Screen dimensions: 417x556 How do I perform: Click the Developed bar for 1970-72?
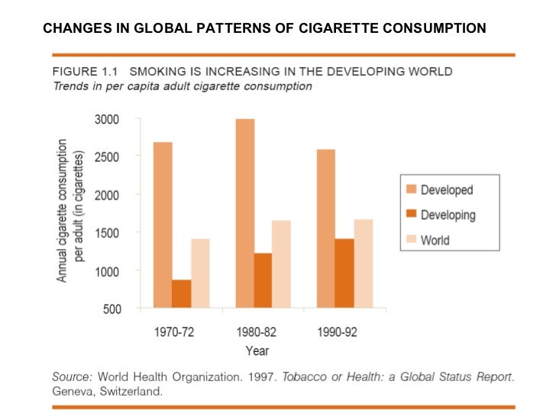pos(162,225)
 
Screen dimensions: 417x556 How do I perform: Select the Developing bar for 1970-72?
pos(181,294)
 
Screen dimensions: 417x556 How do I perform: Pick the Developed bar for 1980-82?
pos(245,214)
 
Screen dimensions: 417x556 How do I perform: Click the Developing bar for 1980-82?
pos(263,280)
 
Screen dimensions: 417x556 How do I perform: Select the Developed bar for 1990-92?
pos(325,228)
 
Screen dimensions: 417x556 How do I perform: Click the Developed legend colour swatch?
pos(409,190)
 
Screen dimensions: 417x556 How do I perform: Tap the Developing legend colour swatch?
pos(409,215)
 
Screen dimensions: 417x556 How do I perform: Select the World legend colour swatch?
pos(409,240)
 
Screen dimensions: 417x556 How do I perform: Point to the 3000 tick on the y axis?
pos(106,120)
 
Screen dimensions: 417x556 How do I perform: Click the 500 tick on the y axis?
pos(111,309)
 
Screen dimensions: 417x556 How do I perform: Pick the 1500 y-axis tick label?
pos(106,233)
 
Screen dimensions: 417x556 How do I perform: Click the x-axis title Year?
pos(257,351)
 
